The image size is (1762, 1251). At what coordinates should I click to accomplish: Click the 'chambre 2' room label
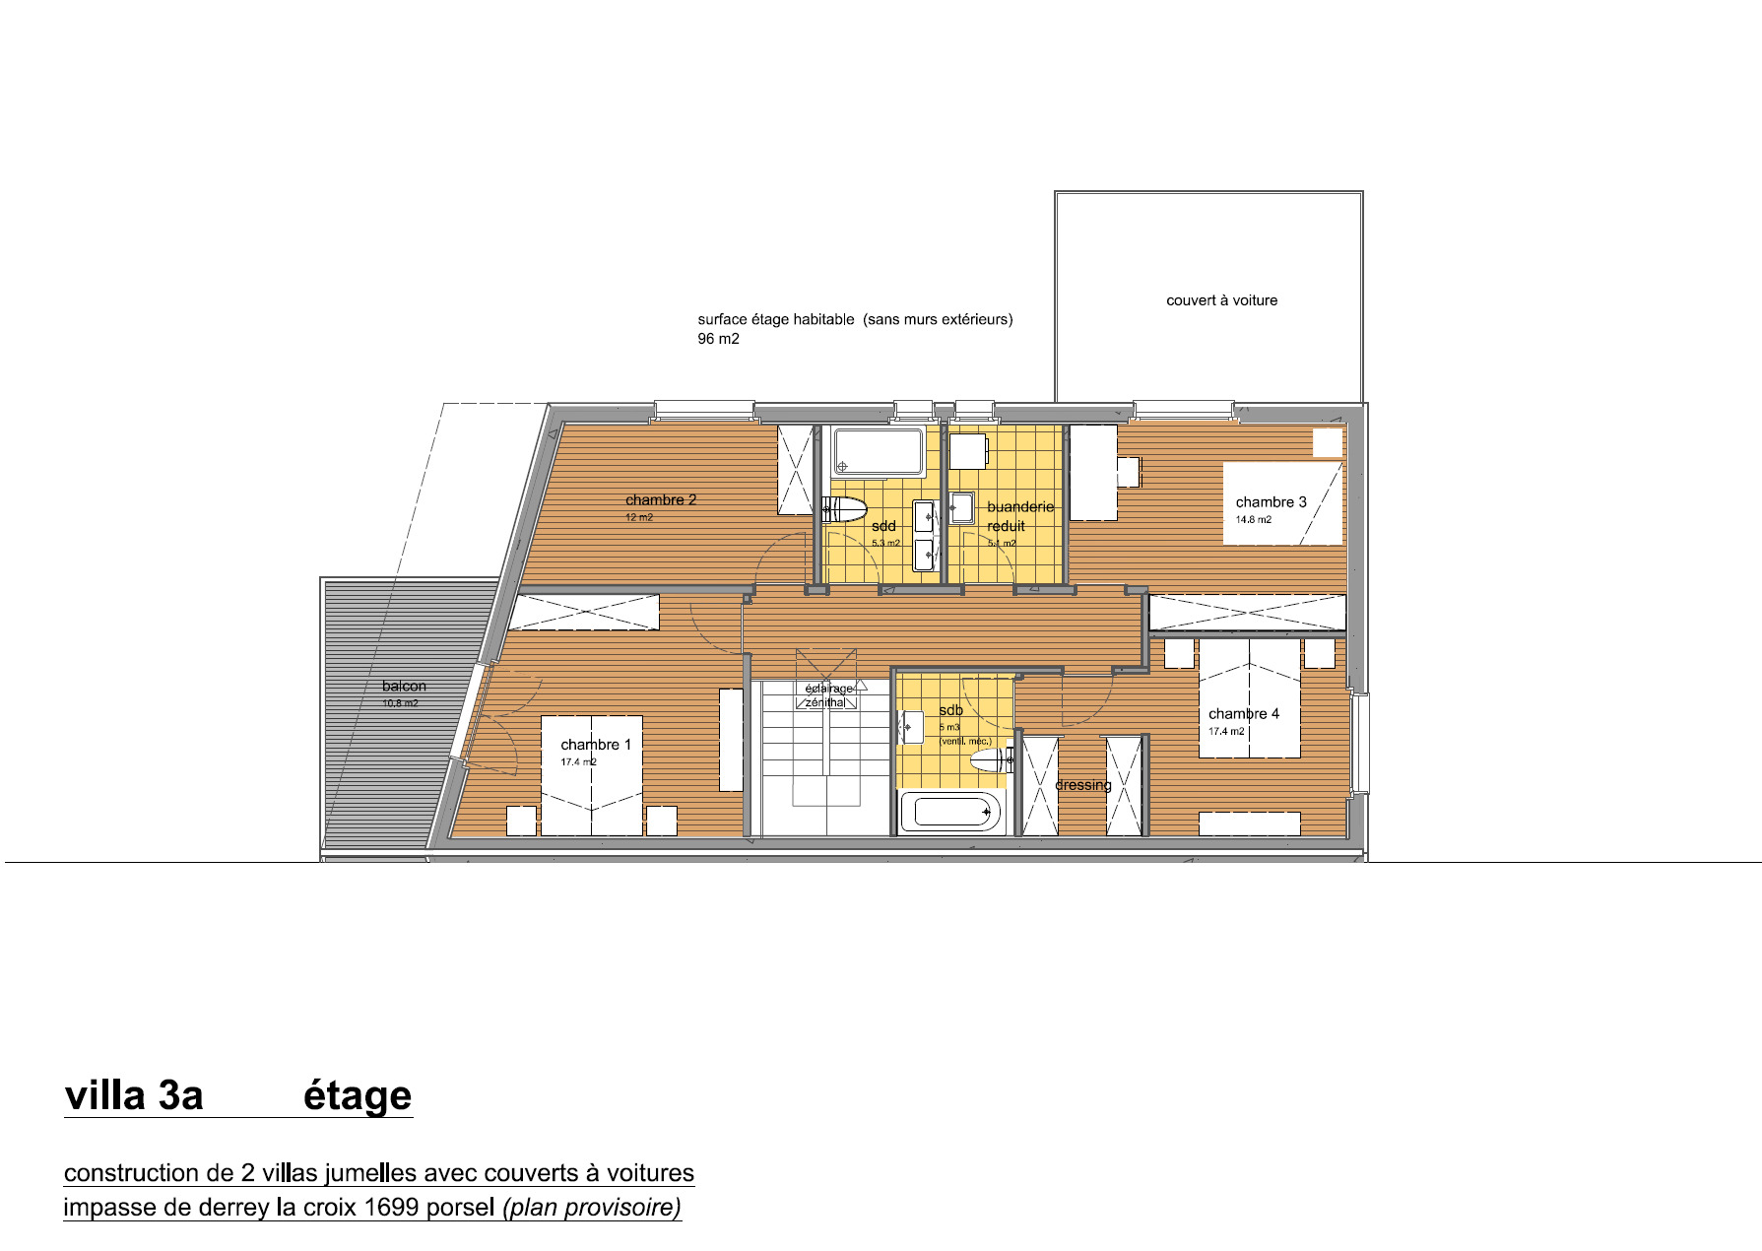[660, 499]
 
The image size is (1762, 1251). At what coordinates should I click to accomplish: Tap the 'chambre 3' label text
[1271, 501]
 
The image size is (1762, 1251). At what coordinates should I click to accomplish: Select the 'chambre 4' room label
[1243, 713]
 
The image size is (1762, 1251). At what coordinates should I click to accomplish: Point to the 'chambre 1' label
[595, 745]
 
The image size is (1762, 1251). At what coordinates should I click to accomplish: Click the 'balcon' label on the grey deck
[404, 686]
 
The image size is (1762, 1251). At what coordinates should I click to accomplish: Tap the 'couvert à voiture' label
[1221, 300]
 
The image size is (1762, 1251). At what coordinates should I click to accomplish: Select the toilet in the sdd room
[844, 509]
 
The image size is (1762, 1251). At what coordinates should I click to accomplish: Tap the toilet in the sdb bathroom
[988, 759]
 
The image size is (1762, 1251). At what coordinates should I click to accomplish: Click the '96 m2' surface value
[718, 339]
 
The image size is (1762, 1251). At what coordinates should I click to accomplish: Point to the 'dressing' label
[1082, 785]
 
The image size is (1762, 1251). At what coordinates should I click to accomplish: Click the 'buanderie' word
[1019, 506]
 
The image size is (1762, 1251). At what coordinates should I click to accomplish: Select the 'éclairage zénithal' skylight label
[828, 695]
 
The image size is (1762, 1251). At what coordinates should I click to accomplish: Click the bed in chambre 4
[1249, 699]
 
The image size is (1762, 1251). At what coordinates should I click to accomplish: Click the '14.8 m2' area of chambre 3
[1253, 520]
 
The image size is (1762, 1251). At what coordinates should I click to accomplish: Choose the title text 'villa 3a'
[134, 1095]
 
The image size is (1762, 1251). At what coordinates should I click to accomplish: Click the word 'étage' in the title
[357, 1095]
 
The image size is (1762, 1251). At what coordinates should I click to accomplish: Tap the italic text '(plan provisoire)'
[591, 1207]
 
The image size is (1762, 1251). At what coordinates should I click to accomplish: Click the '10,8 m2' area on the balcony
[400, 703]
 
